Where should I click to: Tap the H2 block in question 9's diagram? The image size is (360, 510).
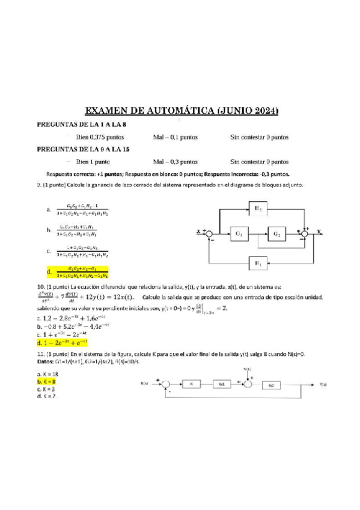tap(257, 209)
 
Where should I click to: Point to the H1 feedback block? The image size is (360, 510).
tap(257, 262)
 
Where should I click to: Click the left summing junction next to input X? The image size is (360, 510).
tap(210, 232)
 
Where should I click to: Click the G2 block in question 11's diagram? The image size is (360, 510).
tap(271, 384)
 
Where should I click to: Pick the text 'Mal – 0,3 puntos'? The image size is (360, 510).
tap(175, 162)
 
